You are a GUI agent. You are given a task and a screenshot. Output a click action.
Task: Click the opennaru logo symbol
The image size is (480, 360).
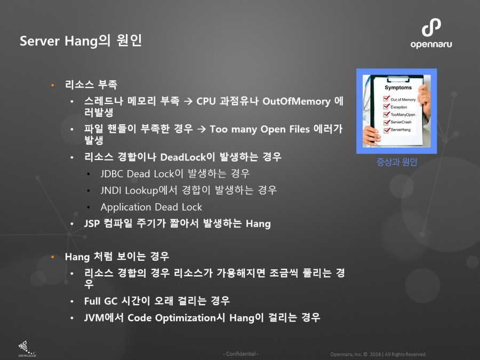click(431, 28)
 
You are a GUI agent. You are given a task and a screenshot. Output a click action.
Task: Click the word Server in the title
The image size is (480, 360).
click(39, 41)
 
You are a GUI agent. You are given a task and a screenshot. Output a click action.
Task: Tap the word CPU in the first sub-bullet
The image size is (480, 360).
click(206, 101)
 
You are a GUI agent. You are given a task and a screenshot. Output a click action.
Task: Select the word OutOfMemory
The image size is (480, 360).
click(297, 101)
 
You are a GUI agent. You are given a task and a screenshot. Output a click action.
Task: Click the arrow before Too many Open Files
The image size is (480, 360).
click(202, 129)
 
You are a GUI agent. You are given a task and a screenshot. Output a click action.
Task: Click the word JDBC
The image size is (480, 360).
click(112, 174)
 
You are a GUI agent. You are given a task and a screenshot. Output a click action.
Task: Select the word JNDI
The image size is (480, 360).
click(111, 190)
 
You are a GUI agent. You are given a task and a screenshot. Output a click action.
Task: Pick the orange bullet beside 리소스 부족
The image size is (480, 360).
click(53, 85)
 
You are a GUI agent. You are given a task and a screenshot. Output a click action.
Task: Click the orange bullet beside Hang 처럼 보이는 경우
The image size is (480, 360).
click(53, 257)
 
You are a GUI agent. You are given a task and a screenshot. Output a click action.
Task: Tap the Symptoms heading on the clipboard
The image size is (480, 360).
click(398, 87)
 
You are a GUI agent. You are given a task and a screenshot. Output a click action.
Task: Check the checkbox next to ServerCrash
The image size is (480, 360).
click(387, 122)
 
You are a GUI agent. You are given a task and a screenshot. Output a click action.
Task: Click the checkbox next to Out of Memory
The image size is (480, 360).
click(387, 99)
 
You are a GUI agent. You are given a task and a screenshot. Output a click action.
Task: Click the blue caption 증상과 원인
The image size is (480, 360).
click(397, 162)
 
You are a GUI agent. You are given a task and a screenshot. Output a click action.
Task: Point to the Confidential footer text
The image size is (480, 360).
click(241, 354)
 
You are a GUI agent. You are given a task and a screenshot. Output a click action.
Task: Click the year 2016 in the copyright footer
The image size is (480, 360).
click(375, 354)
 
